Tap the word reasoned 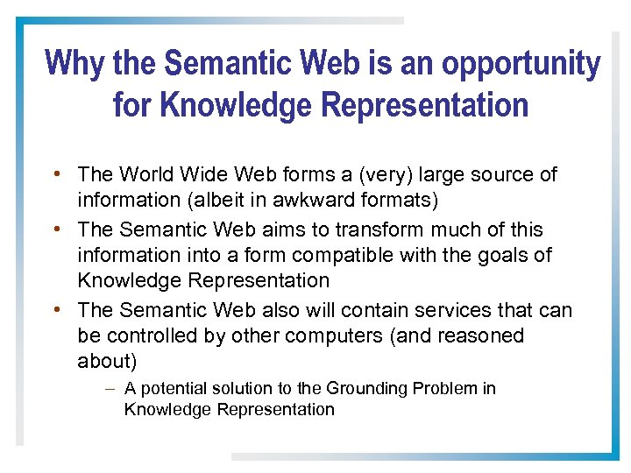point(481,336)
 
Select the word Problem point(446,389)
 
